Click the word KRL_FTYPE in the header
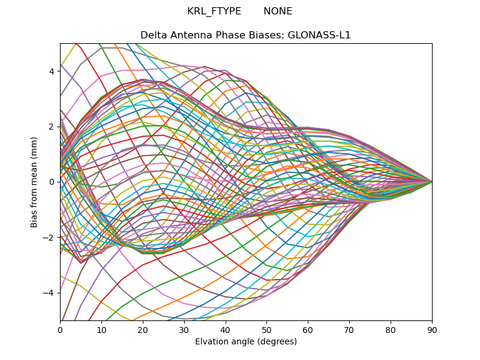tap(214, 11)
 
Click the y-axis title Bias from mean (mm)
tap(35, 181)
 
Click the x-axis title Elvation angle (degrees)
tap(246, 341)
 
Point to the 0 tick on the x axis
tap(60, 329)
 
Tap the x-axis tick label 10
tap(101, 329)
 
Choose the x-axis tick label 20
tap(143, 329)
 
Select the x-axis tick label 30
tap(184, 329)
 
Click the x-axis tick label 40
tap(226, 329)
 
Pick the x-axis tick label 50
tap(266, 329)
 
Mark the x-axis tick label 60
tap(308, 329)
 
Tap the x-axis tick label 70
tap(349, 329)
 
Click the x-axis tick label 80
tap(391, 329)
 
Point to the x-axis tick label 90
tap(432, 329)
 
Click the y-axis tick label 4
tap(52, 71)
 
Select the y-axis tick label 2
tap(52, 126)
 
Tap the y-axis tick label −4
tap(49, 292)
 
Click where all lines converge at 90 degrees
tap(431, 181)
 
